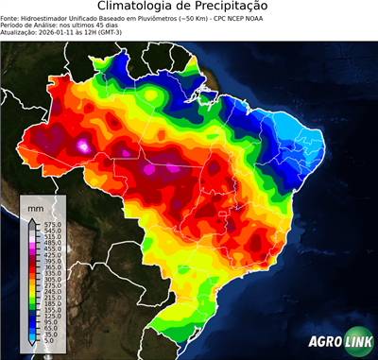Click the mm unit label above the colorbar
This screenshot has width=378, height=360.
tap(36, 206)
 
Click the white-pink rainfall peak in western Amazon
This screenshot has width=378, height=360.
tap(85, 146)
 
